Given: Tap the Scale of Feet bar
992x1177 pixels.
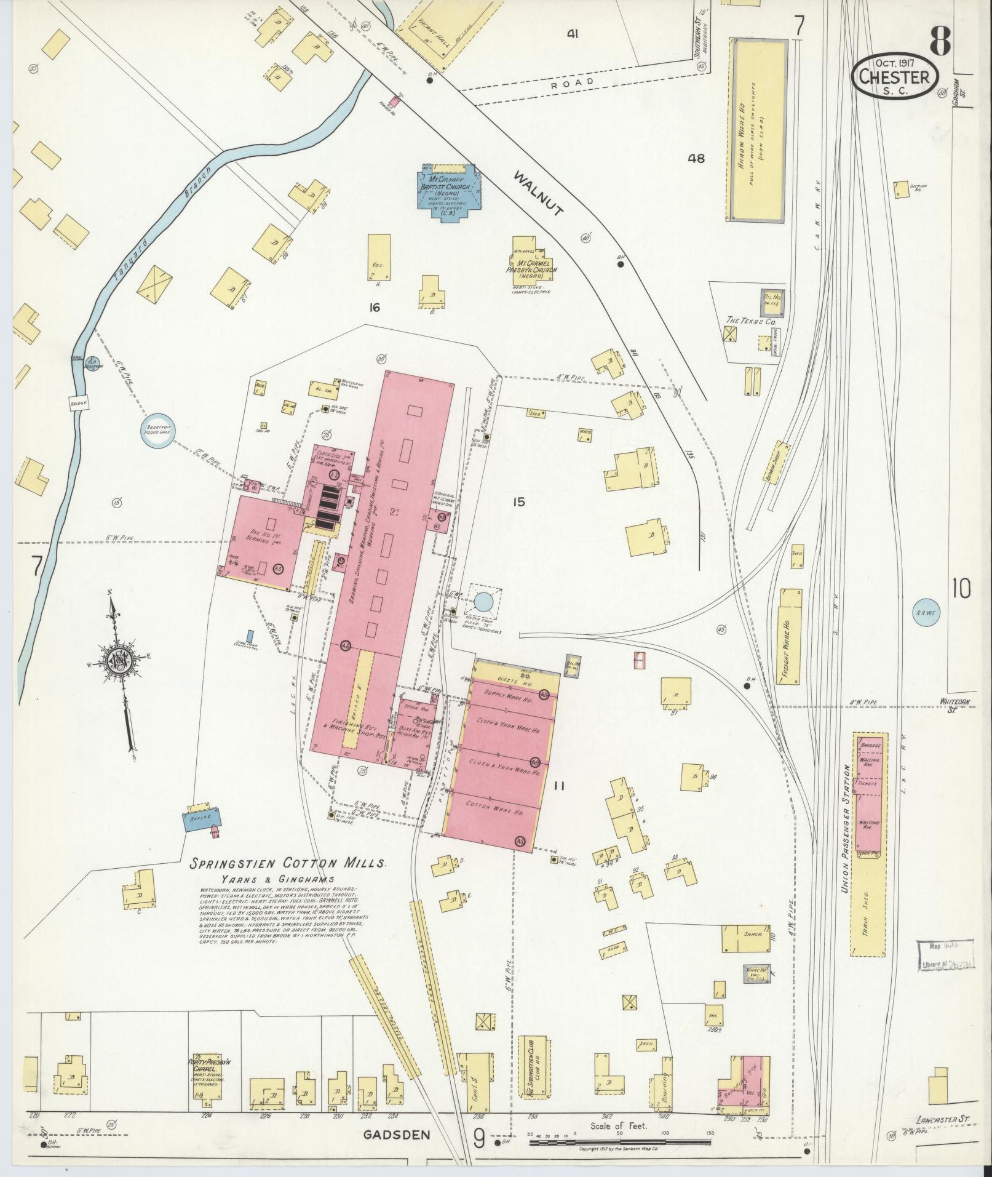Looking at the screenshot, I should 621,1143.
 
